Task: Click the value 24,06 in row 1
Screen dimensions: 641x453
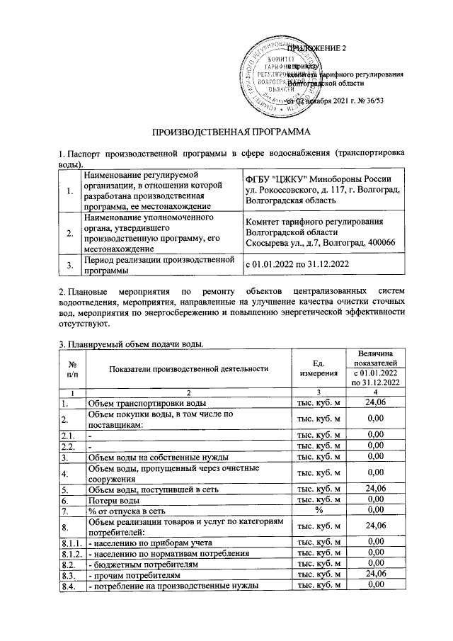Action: point(373,402)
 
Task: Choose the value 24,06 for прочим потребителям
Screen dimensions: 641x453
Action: point(373,574)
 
